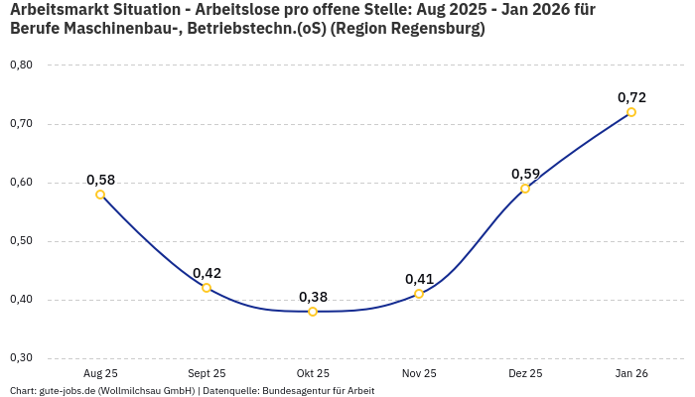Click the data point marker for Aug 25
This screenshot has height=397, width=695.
[x=100, y=195]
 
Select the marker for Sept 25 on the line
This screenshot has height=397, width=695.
[x=207, y=288]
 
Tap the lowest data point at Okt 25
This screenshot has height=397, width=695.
[x=313, y=312]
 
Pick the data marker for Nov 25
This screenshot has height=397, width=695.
[x=419, y=294]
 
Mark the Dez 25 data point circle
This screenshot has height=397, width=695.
[x=525, y=189]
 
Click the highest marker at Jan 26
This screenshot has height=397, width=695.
[x=631, y=112]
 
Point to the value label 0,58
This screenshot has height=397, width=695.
[x=100, y=180]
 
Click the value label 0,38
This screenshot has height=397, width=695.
[x=313, y=297]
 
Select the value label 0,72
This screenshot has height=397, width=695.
[x=631, y=97]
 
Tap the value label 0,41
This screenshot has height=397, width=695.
[x=419, y=279]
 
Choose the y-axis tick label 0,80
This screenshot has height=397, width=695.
[x=21, y=66]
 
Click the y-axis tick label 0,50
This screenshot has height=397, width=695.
[x=21, y=241]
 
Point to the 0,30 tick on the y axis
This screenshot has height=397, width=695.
[x=21, y=358]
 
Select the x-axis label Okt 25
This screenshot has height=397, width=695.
[x=313, y=373]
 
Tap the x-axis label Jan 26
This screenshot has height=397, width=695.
[x=631, y=373]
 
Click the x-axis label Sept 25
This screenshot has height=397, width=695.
[x=207, y=373]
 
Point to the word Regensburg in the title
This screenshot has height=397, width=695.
[x=431, y=30]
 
